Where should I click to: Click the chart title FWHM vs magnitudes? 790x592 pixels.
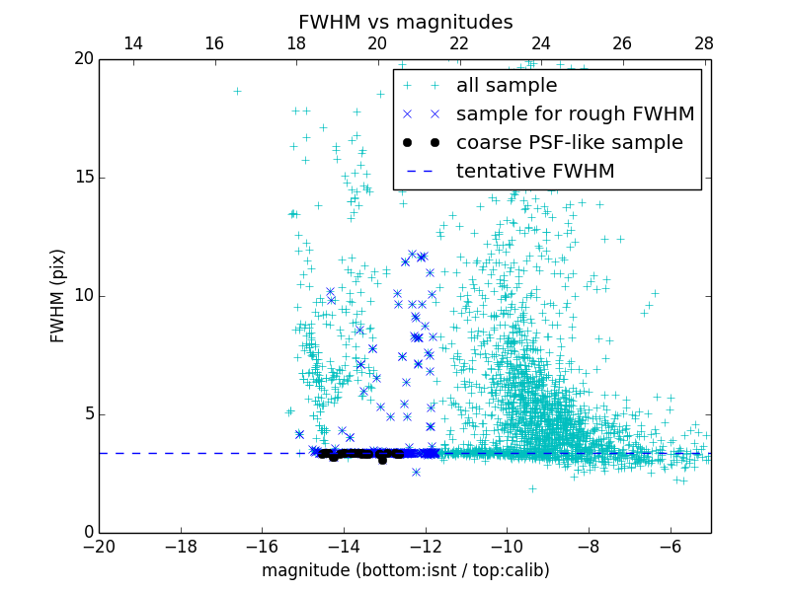coord(405,22)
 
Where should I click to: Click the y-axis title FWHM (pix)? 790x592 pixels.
coord(58,295)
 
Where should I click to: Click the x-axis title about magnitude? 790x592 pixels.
coord(405,570)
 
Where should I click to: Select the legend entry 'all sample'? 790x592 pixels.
coord(507,86)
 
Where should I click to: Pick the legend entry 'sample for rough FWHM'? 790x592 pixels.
coord(575,114)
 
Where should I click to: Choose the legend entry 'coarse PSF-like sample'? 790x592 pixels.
coord(569,143)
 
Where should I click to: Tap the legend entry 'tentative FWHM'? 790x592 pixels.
coord(535,172)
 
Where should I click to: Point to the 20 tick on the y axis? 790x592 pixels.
coord(82,59)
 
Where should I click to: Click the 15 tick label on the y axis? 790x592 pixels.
coord(82,178)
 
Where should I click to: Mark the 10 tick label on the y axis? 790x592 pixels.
coord(82,296)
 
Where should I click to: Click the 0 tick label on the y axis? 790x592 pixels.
coord(87,533)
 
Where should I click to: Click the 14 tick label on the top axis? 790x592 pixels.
coord(132,43)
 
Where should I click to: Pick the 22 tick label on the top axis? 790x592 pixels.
coord(459,43)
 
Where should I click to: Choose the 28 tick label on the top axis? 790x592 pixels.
coord(704,43)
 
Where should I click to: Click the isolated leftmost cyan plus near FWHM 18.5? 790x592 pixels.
coord(237,91)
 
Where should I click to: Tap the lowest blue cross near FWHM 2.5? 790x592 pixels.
coord(416,472)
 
